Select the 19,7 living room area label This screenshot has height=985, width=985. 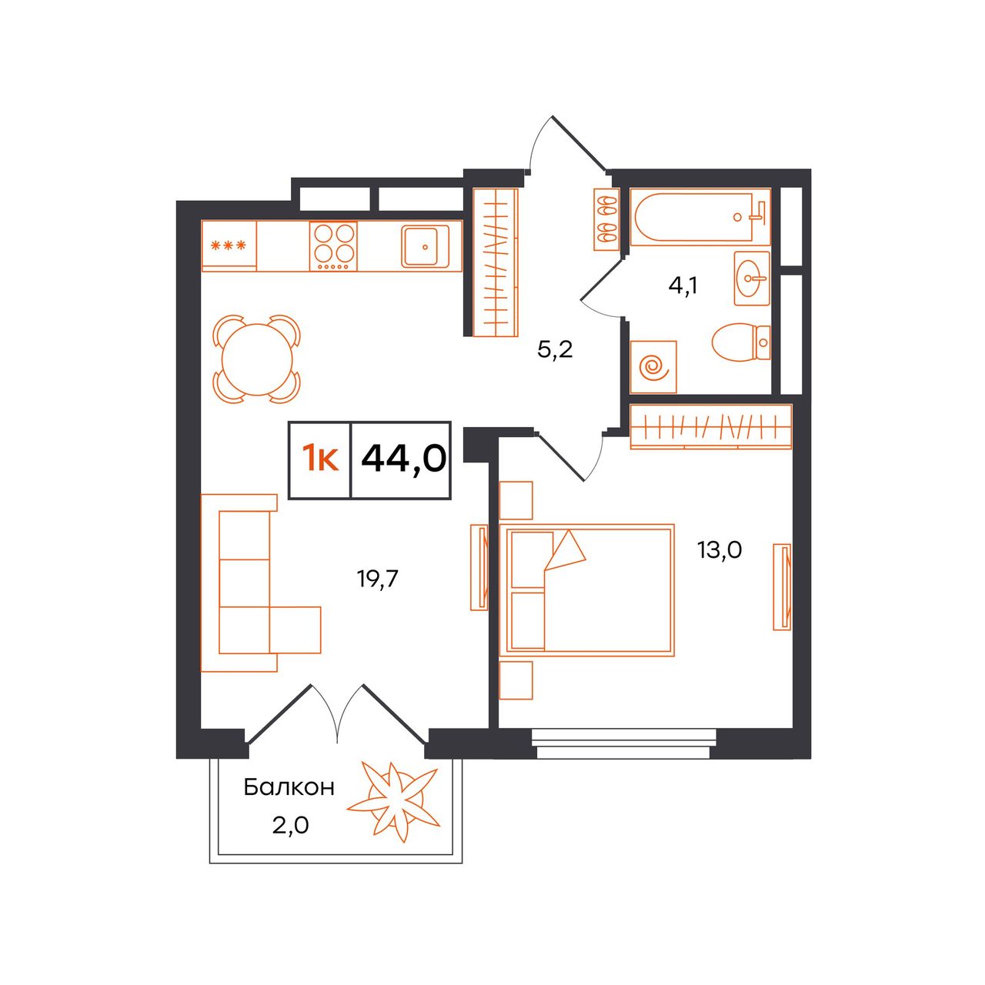[x=377, y=579]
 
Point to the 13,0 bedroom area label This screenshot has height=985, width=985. [x=720, y=550]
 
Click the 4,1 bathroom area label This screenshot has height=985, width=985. [x=683, y=285]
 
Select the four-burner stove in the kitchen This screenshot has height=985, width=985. [x=333, y=246]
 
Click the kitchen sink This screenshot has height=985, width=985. [x=425, y=247]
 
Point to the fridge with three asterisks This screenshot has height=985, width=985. [x=229, y=246]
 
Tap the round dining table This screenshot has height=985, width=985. [x=257, y=359]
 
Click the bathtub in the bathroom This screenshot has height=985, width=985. [x=700, y=217]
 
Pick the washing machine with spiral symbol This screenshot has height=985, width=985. [x=653, y=367]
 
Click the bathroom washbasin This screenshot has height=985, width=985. [x=751, y=279]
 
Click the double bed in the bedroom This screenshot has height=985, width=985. [x=587, y=590]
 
